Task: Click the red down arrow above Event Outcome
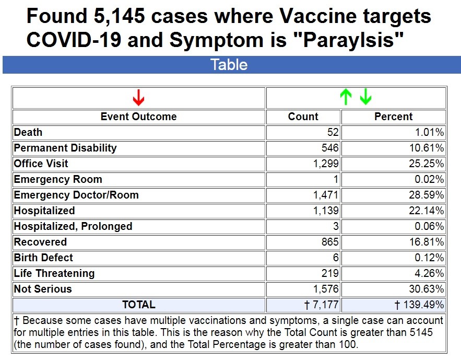click(x=138, y=97)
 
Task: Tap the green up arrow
click(x=345, y=97)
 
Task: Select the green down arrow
click(x=365, y=97)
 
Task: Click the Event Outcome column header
click(x=138, y=117)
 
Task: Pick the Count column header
click(x=303, y=117)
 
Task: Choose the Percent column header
click(x=393, y=117)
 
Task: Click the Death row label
click(x=28, y=132)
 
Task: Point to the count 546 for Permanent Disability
click(x=330, y=148)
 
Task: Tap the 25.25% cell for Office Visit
click(x=427, y=164)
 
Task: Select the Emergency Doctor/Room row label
click(x=76, y=195)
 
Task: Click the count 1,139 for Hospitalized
click(x=326, y=211)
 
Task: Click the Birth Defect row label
click(x=43, y=258)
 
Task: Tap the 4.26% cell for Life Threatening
click(x=430, y=273)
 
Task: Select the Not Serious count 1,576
click(x=326, y=289)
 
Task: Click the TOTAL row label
click(x=138, y=305)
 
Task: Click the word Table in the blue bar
click(x=229, y=65)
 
